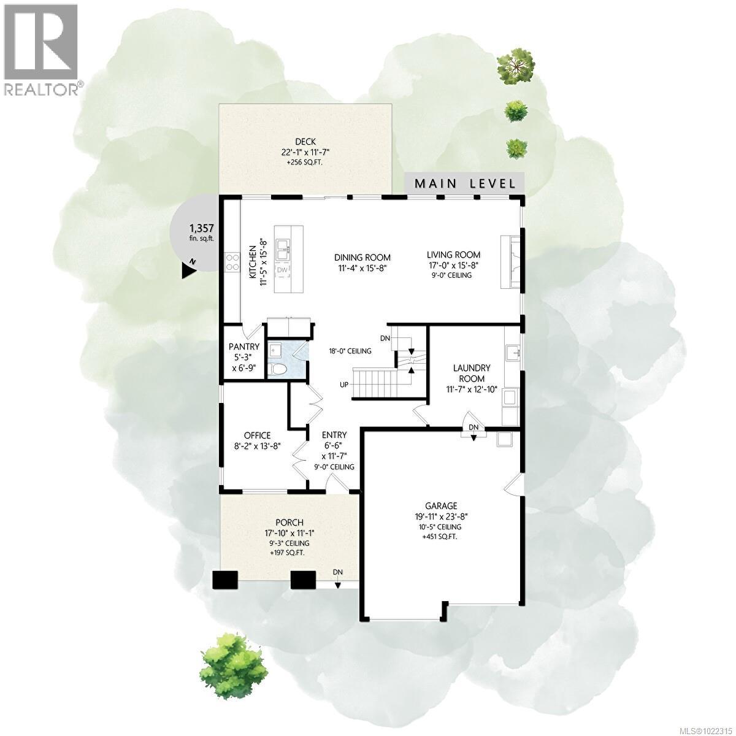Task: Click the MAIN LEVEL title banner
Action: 464,183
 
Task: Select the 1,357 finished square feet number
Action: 201,228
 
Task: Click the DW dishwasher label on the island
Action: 282,270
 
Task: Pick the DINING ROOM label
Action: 362,257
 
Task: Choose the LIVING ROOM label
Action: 454,255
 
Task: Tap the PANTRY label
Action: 244,347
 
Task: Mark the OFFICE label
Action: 256,435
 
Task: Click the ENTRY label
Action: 335,434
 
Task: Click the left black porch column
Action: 226,580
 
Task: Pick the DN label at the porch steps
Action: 338,572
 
